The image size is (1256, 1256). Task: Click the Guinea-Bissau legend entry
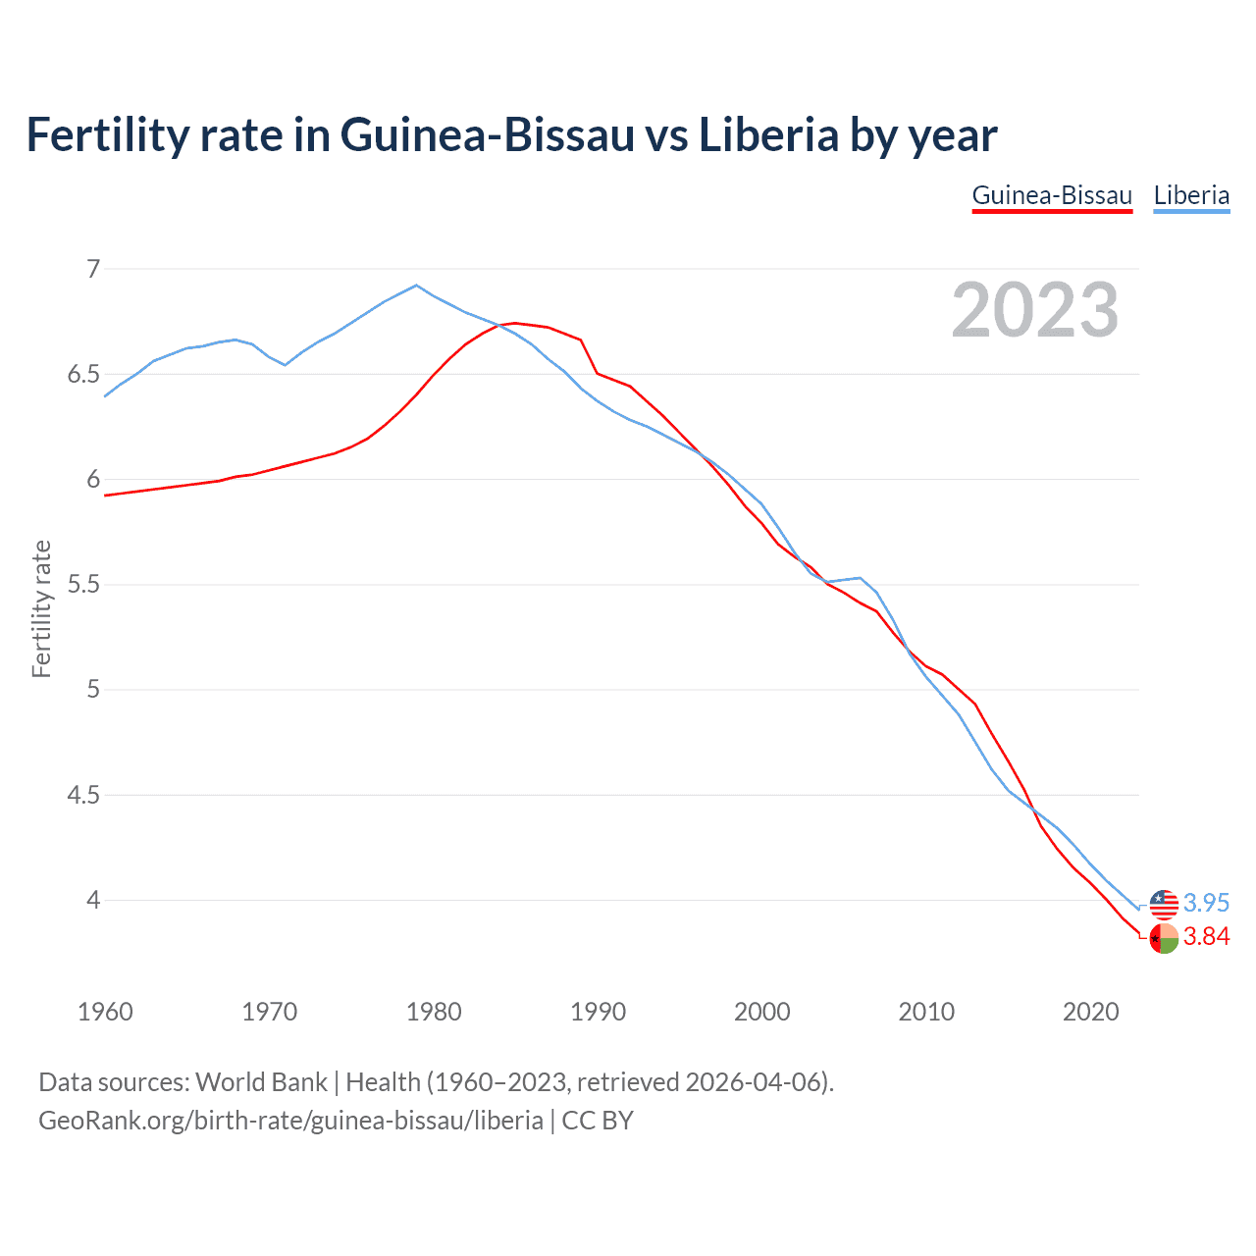(1052, 195)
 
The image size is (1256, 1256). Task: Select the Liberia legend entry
(1191, 195)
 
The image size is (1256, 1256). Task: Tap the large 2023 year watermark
(1035, 310)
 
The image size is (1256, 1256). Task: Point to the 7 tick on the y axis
(94, 269)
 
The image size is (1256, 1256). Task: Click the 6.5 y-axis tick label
(84, 375)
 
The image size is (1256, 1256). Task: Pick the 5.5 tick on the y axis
(84, 585)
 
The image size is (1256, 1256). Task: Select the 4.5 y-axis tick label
(84, 795)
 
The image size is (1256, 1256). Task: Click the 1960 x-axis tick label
(105, 1012)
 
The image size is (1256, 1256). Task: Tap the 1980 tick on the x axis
(434, 1012)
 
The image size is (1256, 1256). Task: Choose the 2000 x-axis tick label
(762, 1012)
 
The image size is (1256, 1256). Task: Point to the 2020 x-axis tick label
(1090, 1012)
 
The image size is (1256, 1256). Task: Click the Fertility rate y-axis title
(41, 608)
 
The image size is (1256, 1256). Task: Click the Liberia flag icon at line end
(1164, 904)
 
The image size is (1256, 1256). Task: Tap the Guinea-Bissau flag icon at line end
(1164, 938)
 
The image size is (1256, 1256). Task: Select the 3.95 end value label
(1206, 903)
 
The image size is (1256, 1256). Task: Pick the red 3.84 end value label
(1206, 937)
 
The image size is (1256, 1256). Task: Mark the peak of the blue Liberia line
(417, 286)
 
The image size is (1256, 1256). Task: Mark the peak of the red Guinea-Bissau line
(515, 323)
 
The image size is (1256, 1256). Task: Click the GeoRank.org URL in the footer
(290, 1120)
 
